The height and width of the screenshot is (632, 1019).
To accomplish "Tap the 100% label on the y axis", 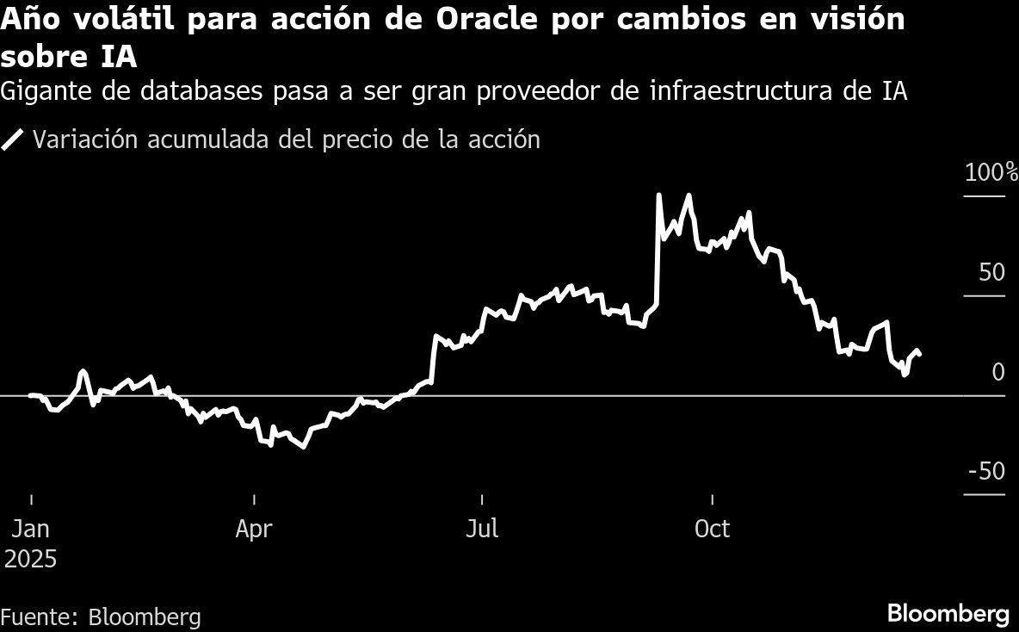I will point(990,173).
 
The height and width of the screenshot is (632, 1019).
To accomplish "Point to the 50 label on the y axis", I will point(991,273).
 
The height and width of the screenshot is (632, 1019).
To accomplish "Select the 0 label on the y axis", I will point(997,373).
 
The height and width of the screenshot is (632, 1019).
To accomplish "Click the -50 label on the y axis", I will point(986,472).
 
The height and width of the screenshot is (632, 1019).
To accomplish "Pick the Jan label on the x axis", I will point(31,529).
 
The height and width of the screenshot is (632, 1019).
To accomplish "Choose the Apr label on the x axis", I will point(254,529).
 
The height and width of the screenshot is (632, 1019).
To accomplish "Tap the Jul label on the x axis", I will point(482,529).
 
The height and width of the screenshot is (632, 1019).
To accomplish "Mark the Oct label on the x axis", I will point(712,529).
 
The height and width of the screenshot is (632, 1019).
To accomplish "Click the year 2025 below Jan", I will point(31,560).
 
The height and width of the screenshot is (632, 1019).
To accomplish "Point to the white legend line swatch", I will point(14,140).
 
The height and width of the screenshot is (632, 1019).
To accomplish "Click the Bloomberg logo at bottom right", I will point(948,614).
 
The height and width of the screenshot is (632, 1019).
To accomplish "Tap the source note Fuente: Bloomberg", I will point(101,617).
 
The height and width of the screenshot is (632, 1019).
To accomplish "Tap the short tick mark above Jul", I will point(482,499).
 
